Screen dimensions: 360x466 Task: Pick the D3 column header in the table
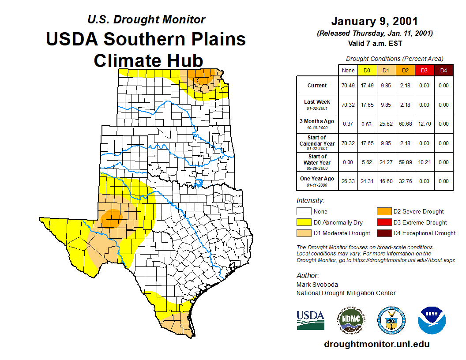(425, 70)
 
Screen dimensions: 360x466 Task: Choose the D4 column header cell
(443, 70)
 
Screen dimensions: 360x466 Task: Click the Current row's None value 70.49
(348, 86)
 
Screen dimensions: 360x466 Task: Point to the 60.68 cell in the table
(405, 124)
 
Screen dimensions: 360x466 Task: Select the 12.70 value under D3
(425, 124)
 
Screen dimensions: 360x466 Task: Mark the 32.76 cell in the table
(405, 181)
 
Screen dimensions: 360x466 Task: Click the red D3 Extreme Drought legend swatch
(383, 222)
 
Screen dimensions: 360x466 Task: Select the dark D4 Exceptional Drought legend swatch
(383, 233)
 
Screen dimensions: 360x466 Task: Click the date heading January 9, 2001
(374, 21)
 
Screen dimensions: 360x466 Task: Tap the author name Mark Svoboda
(317, 285)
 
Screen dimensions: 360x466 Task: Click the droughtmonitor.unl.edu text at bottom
(376, 344)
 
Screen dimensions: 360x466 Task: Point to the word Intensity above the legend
(310, 200)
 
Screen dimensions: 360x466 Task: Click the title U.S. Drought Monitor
(146, 19)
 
